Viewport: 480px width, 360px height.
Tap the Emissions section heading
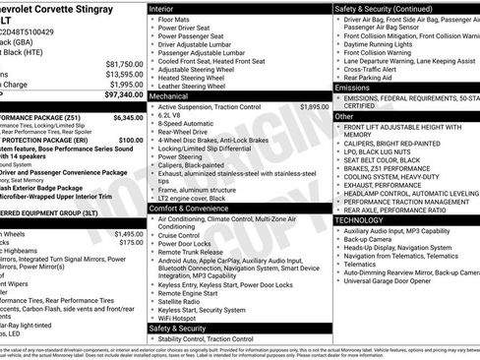click(x=353, y=89)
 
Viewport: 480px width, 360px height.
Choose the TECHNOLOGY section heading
click(x=359, y=220)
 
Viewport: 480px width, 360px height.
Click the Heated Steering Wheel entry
click(x=194, y=79)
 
